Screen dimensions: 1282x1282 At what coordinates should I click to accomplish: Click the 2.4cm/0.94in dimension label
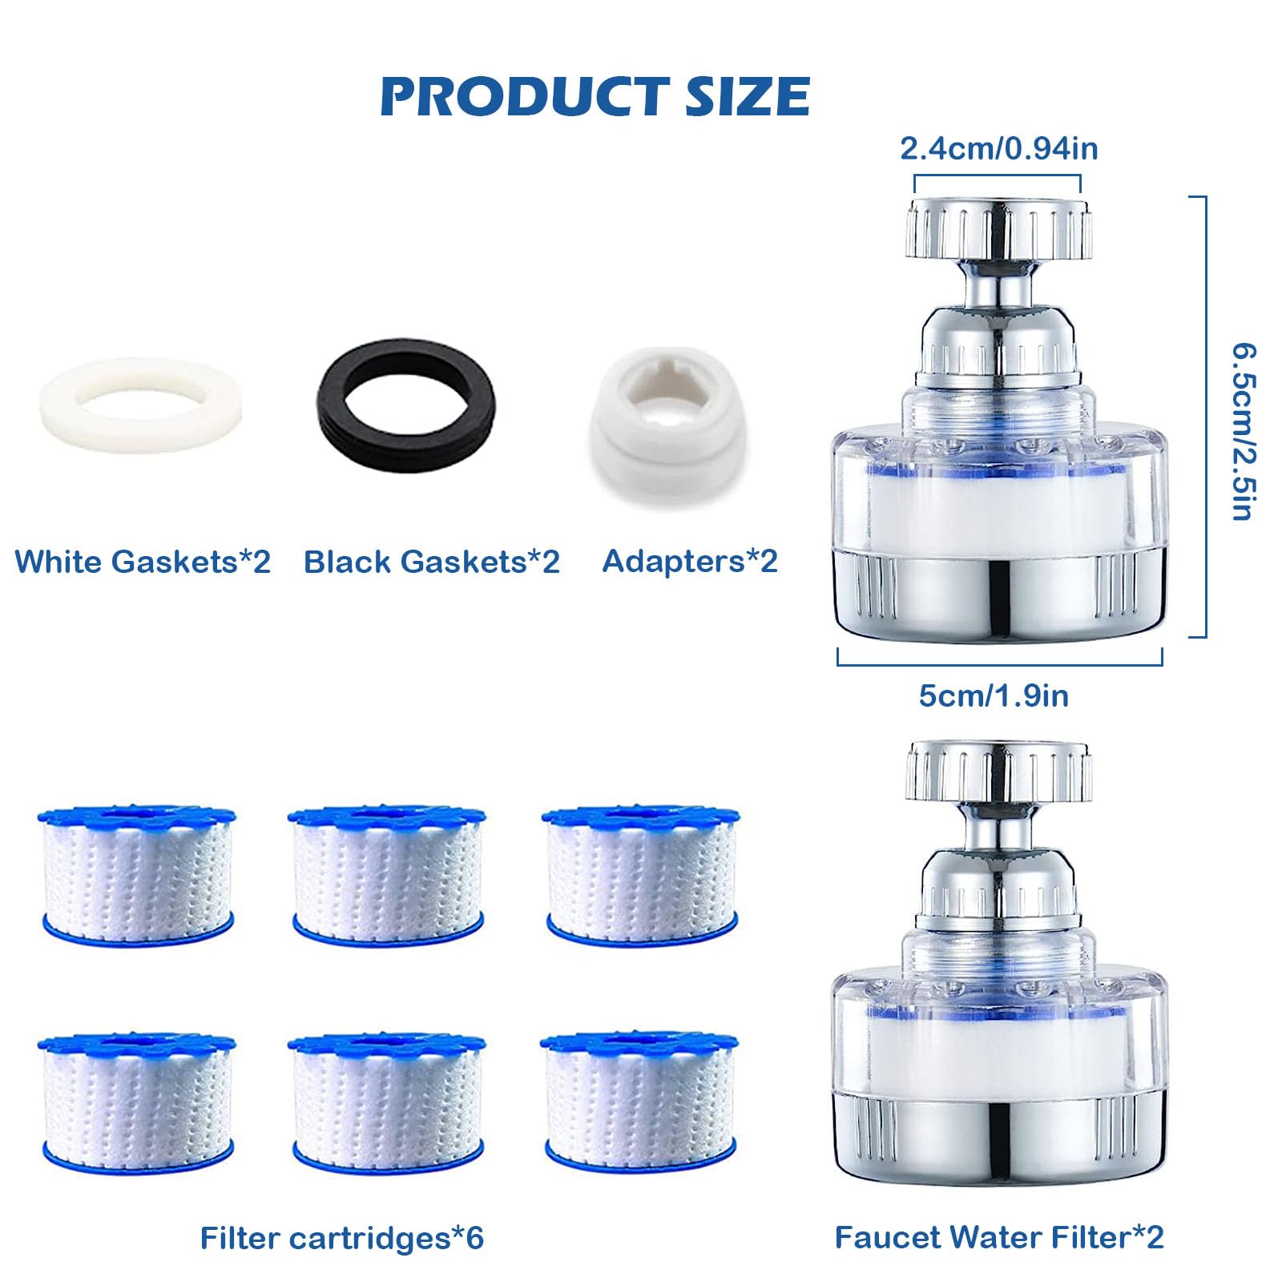998,149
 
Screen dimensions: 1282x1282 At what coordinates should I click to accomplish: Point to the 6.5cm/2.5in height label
1244,433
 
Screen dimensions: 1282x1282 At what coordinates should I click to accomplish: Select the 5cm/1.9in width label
994,695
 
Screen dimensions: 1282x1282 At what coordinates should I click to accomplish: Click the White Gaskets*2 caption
143,562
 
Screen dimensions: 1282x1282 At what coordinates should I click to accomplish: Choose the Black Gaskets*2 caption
431,562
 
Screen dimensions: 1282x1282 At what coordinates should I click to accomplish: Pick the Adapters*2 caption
690,561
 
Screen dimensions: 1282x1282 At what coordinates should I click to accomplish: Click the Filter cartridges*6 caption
342,1238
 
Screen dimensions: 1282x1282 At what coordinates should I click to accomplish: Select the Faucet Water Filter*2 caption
998,1237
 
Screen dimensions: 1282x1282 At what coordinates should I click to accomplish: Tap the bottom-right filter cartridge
639,1102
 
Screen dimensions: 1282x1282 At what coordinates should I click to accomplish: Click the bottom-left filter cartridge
137,1102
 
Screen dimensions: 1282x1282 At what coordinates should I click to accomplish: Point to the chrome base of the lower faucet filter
998,1138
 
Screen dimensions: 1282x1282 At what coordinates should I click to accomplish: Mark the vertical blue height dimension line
1204,417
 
